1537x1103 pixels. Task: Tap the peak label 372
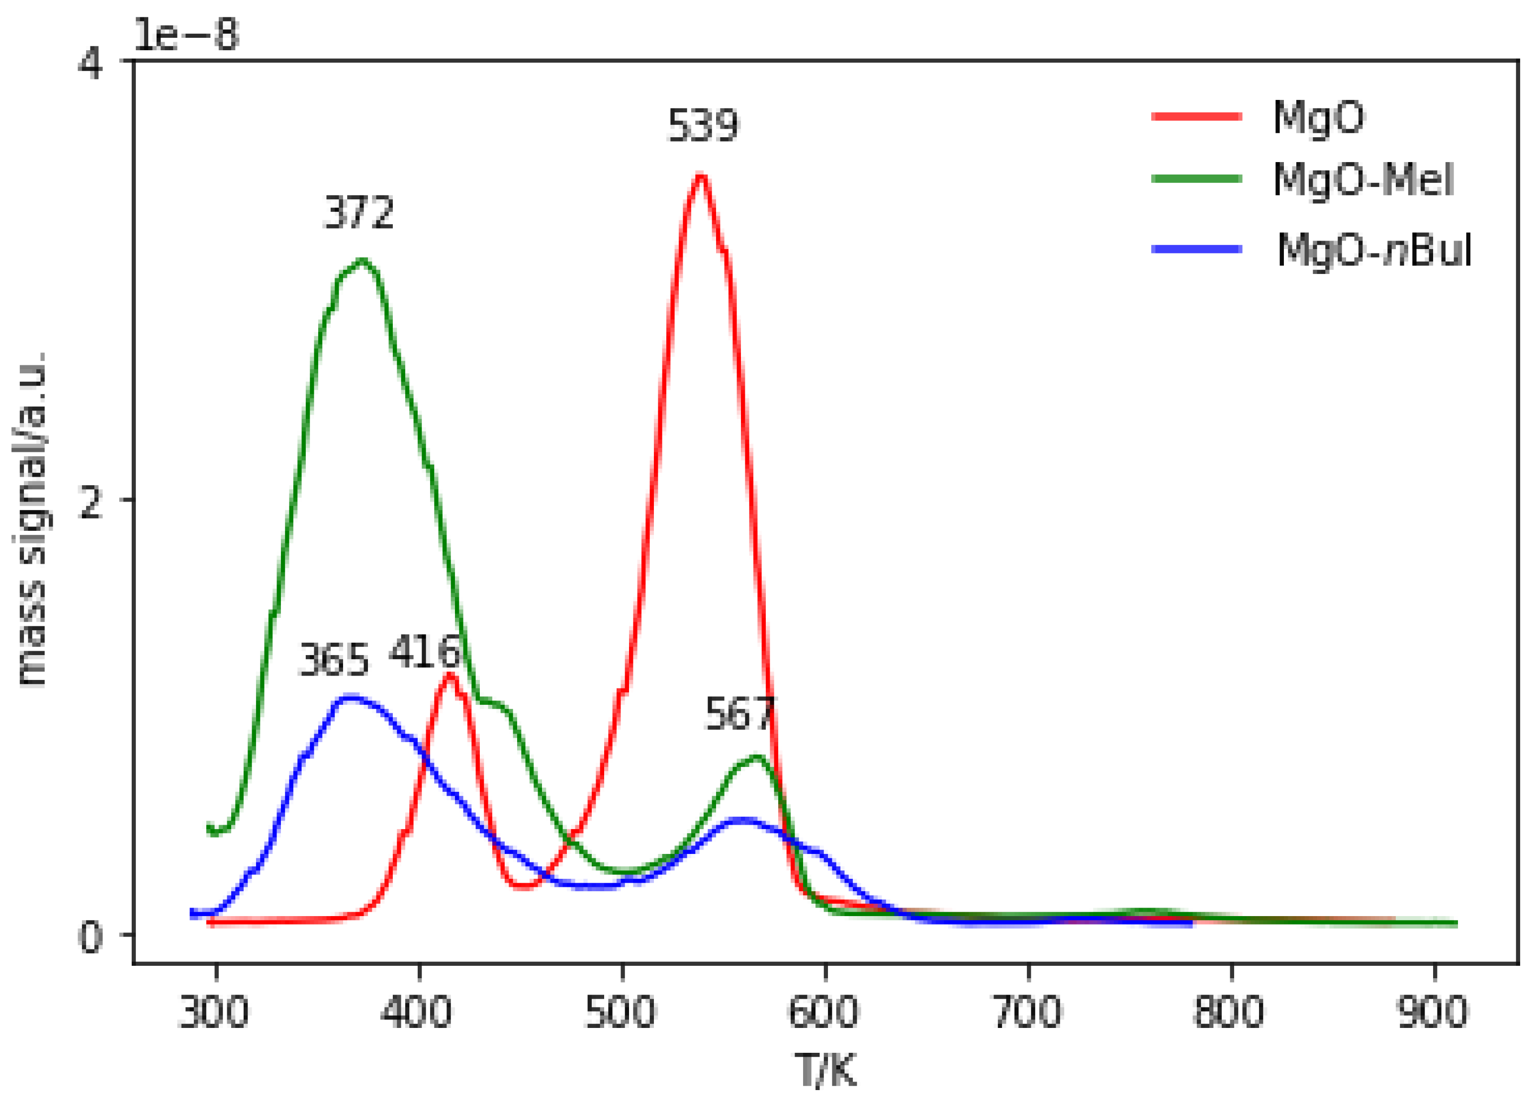359,213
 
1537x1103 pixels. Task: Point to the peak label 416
424,652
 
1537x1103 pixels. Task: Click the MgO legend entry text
1319,118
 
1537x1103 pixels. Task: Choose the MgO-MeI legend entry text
1363,180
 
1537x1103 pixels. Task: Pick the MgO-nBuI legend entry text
1374,250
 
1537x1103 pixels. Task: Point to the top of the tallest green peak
362,260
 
